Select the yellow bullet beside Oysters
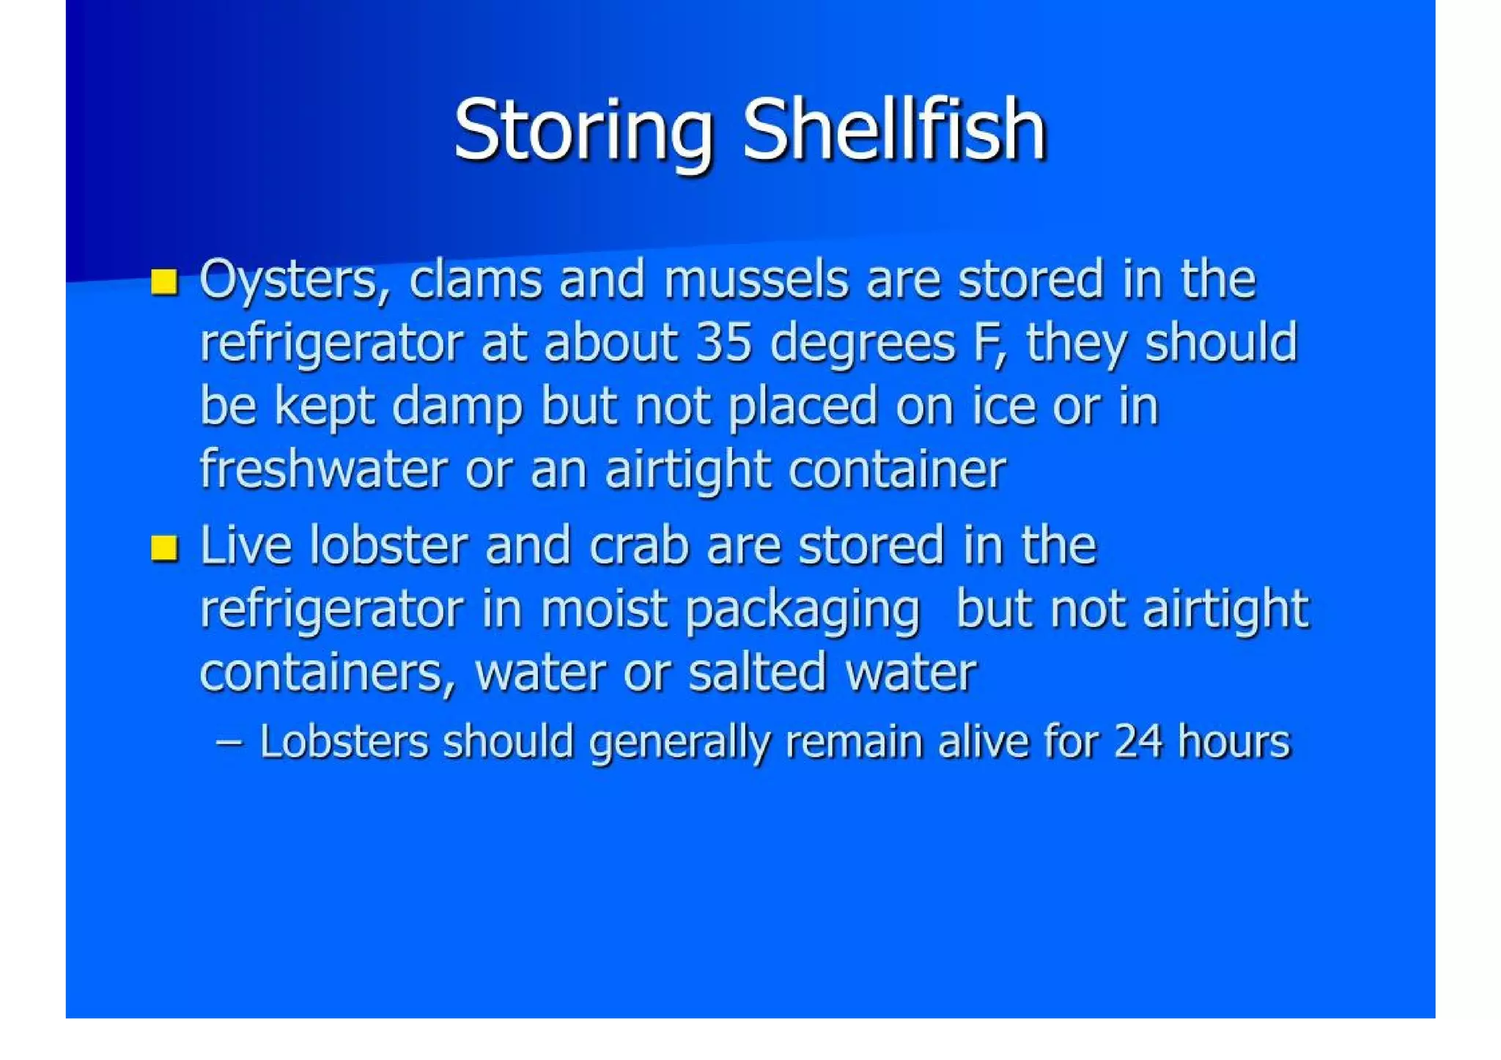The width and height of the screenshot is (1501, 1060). point(164,281)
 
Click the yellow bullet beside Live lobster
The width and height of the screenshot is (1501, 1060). point(164,548)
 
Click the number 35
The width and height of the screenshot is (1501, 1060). point(723,343)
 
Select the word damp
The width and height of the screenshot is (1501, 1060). point(457,407)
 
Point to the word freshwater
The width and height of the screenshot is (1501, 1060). point(323,469)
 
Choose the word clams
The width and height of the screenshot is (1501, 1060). point(475,280)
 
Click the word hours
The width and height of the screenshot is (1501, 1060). point(1233,741)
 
